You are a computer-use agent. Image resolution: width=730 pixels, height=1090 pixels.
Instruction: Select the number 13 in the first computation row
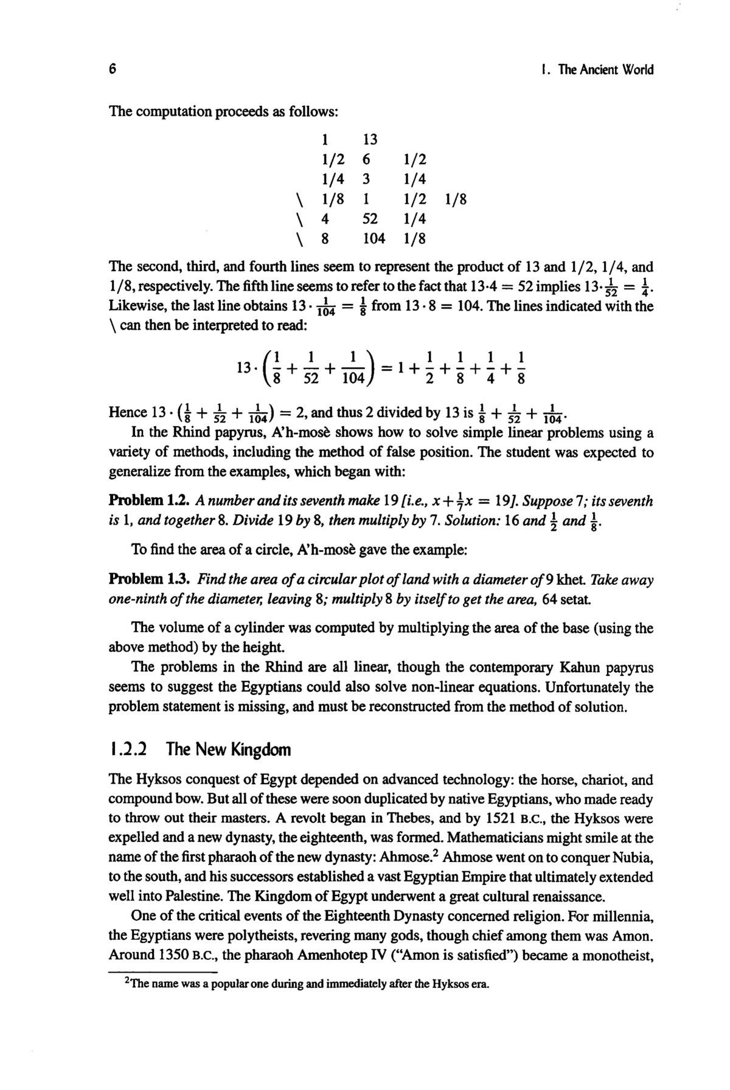coord(370,140)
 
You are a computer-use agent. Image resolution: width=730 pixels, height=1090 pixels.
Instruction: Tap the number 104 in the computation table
coord(374,238)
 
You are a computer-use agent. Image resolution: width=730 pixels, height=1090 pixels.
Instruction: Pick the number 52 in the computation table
coord(370,218)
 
